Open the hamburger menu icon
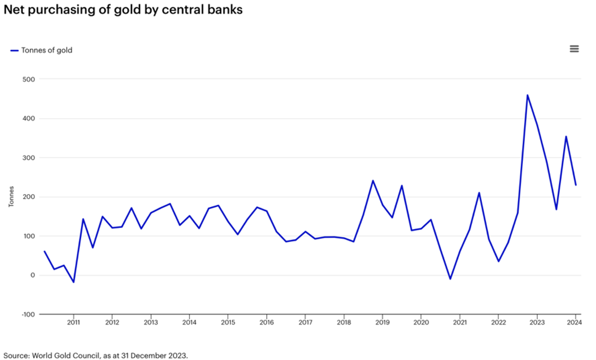click(x=574, y=49)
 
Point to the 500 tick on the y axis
click(x=29, y=79)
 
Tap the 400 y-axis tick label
click(x=29, y=118)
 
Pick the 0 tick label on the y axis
click(x=32, y=275)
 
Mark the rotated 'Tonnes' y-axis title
click(x=11, y=197)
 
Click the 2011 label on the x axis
click(x=73, y=322)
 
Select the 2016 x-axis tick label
click(x=266, y=322)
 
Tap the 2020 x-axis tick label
click(x=421, y=322)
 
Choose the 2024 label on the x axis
click(x=575, y=322)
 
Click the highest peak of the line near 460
click(x=527, y=95)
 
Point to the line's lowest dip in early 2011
click(x=73, y=282)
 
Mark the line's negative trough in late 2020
click(x=450, y=279)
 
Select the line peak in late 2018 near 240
click(x=373, y=181)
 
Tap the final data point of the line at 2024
click(x=576, y=185)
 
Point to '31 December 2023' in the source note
click(x=158, y=356)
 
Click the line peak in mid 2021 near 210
click(x=479, y=193)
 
